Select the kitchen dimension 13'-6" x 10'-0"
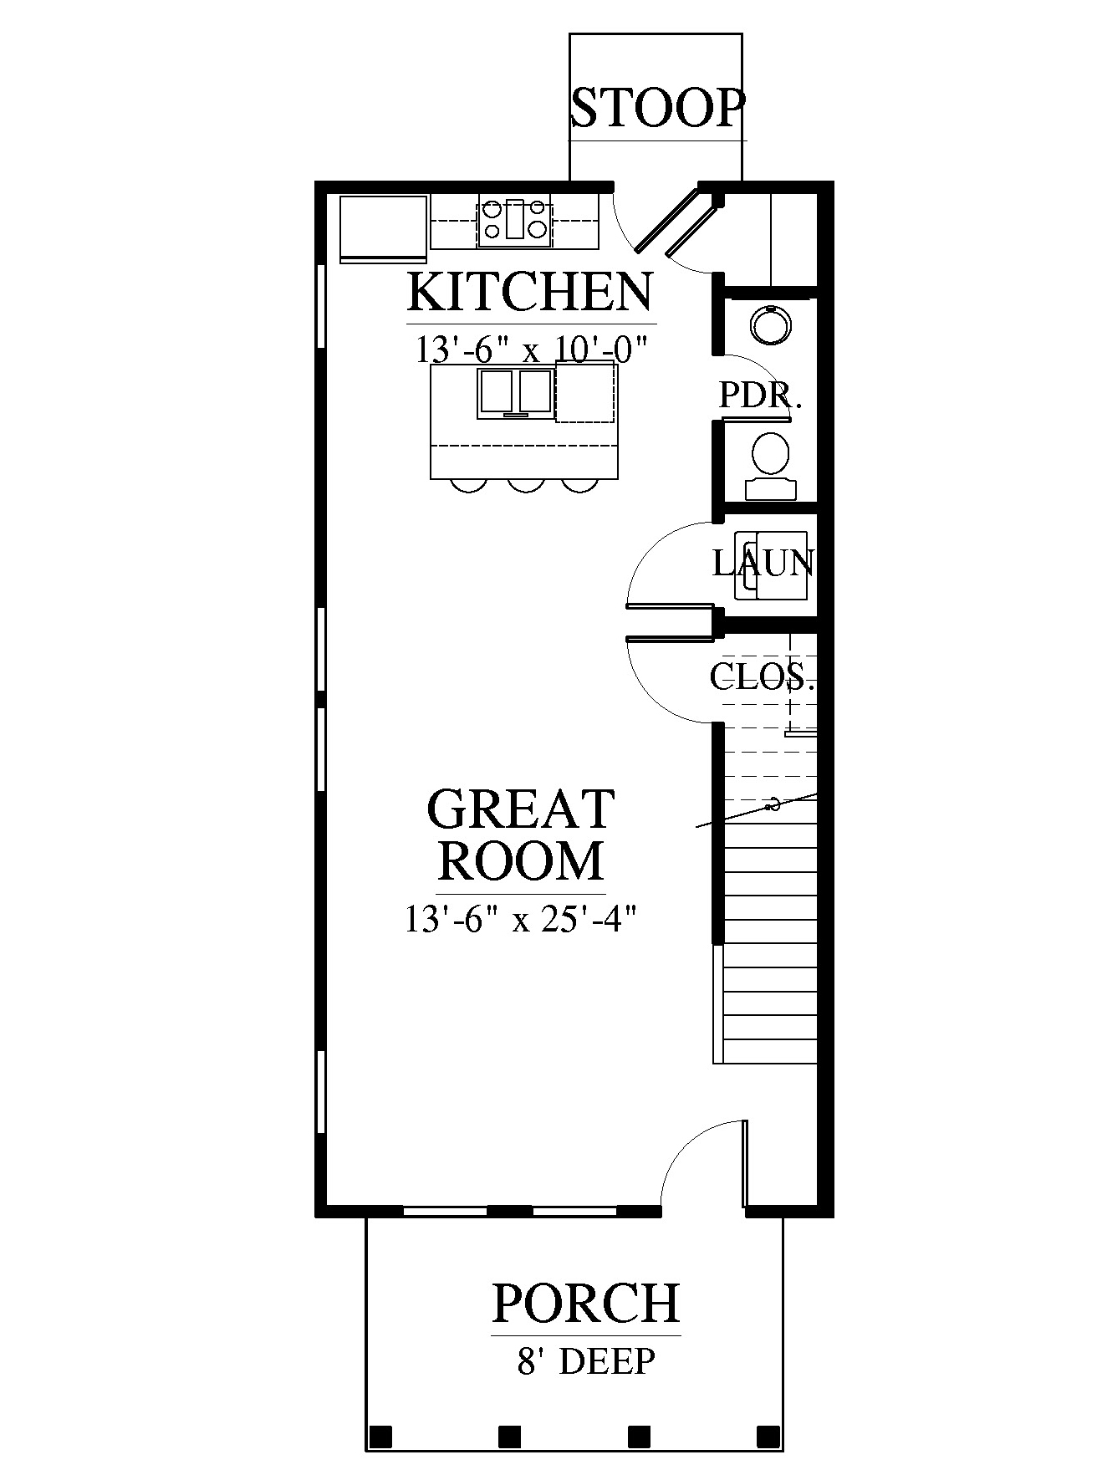[x=533, y=348]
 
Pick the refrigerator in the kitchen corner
[x=384, y=228]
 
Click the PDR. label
[x=761, y=396]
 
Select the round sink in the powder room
[x=769, y=325]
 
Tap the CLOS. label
[x=762, y=676]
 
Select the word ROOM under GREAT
[x=521, y=860]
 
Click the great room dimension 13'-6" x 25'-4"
[x=522, y=920]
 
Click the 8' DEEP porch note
[x=585, y=1363]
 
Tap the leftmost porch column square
[x=381, y=1437]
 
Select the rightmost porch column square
[x=768, y=1437]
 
